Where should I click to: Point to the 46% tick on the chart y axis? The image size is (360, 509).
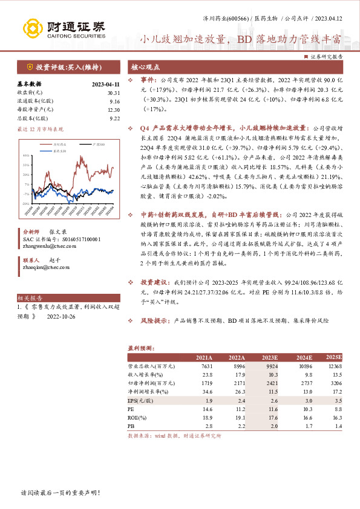[26, 156]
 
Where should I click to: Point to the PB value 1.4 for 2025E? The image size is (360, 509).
[338, 426]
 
